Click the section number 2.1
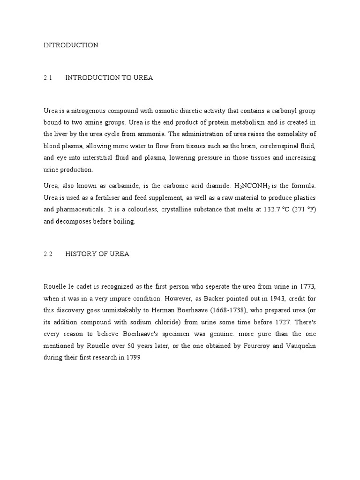point(47,78)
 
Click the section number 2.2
point(47,254)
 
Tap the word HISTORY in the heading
point(81,254)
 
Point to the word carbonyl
point(278,111)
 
